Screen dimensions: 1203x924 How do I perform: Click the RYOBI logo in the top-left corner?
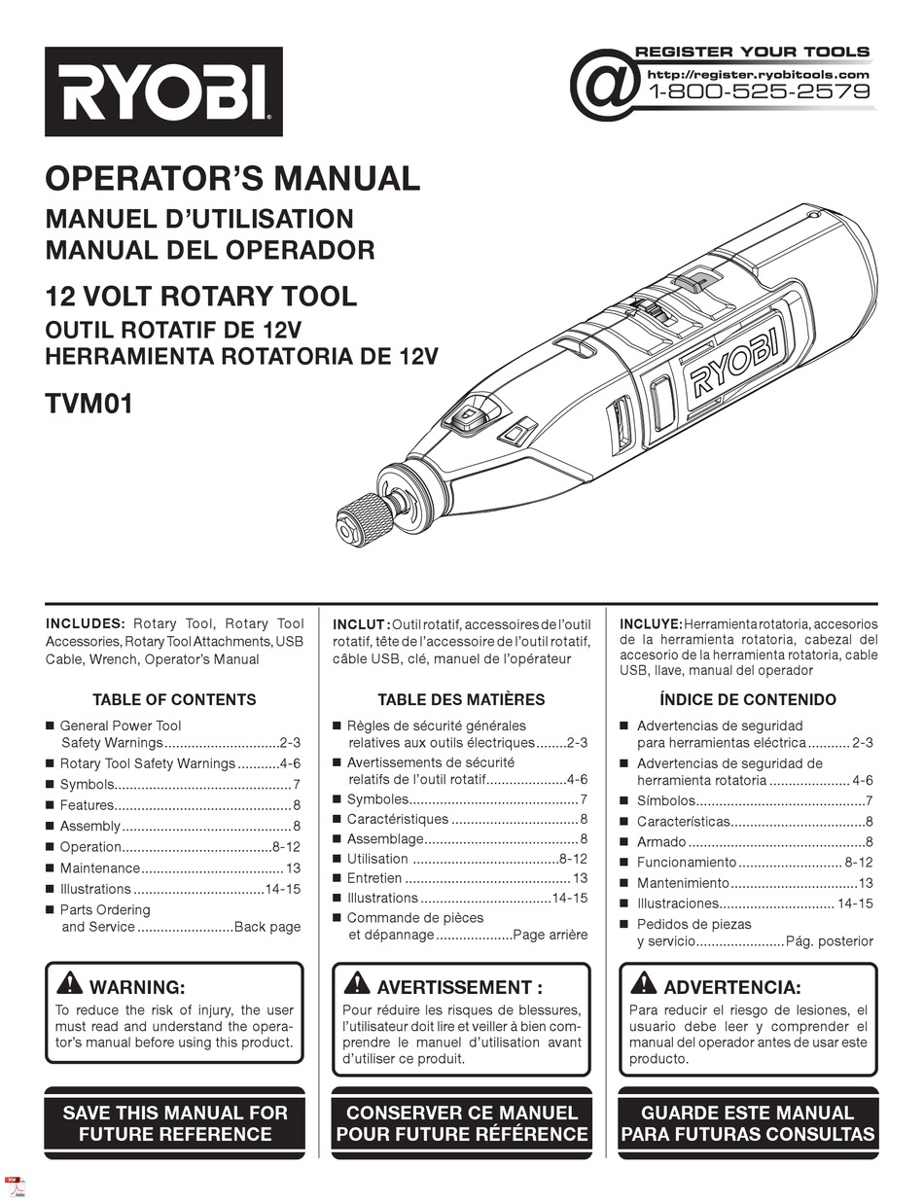tap(163, 91)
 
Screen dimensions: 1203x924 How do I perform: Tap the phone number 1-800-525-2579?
tap(759, 92)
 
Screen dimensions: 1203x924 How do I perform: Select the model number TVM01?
tap(89, 402)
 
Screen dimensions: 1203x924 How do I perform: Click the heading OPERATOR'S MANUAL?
tap(232, 179)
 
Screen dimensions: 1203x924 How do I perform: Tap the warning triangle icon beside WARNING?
tap(69, 982)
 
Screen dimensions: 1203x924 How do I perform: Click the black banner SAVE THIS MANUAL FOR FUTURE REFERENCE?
tap(175, 1123)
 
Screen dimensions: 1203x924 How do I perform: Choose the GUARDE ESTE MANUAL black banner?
tap(747, 1123)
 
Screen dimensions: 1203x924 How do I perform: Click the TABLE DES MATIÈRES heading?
tap(461, 699)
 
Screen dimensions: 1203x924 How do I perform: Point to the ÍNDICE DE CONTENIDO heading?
tap(747, 699)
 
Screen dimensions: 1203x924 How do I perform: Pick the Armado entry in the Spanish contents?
tap(661, 842)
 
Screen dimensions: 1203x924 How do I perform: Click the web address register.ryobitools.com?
tap(758, 74)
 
